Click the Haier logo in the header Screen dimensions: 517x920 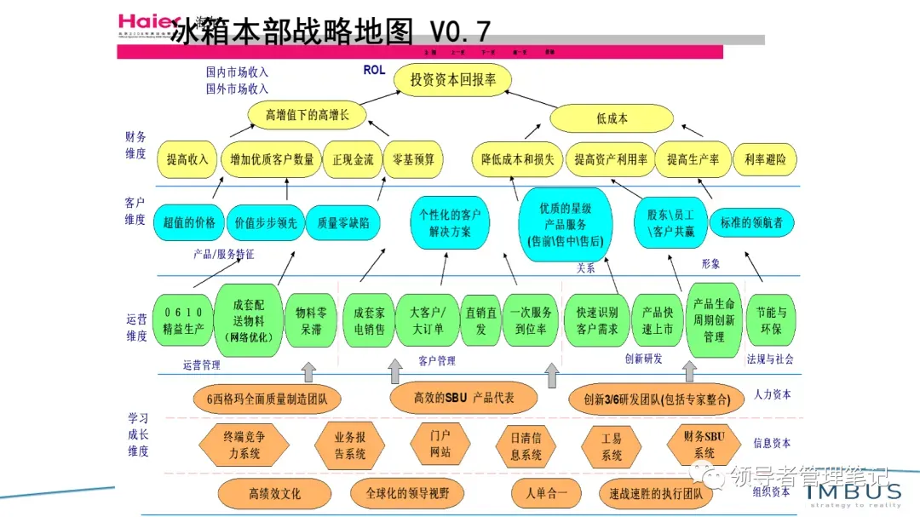147,24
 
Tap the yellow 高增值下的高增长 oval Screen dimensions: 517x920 307,115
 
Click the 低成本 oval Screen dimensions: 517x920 611,118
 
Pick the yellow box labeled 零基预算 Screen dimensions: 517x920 413,159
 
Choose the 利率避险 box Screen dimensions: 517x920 765,159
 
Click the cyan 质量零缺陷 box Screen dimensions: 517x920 342,222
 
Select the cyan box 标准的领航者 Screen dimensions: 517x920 751,222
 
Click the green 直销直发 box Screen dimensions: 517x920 480,320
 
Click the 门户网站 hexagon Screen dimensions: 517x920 440,443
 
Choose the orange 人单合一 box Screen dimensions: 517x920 546,493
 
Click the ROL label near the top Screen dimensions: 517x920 374,71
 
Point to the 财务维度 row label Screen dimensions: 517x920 135,145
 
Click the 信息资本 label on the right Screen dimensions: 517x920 773,443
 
